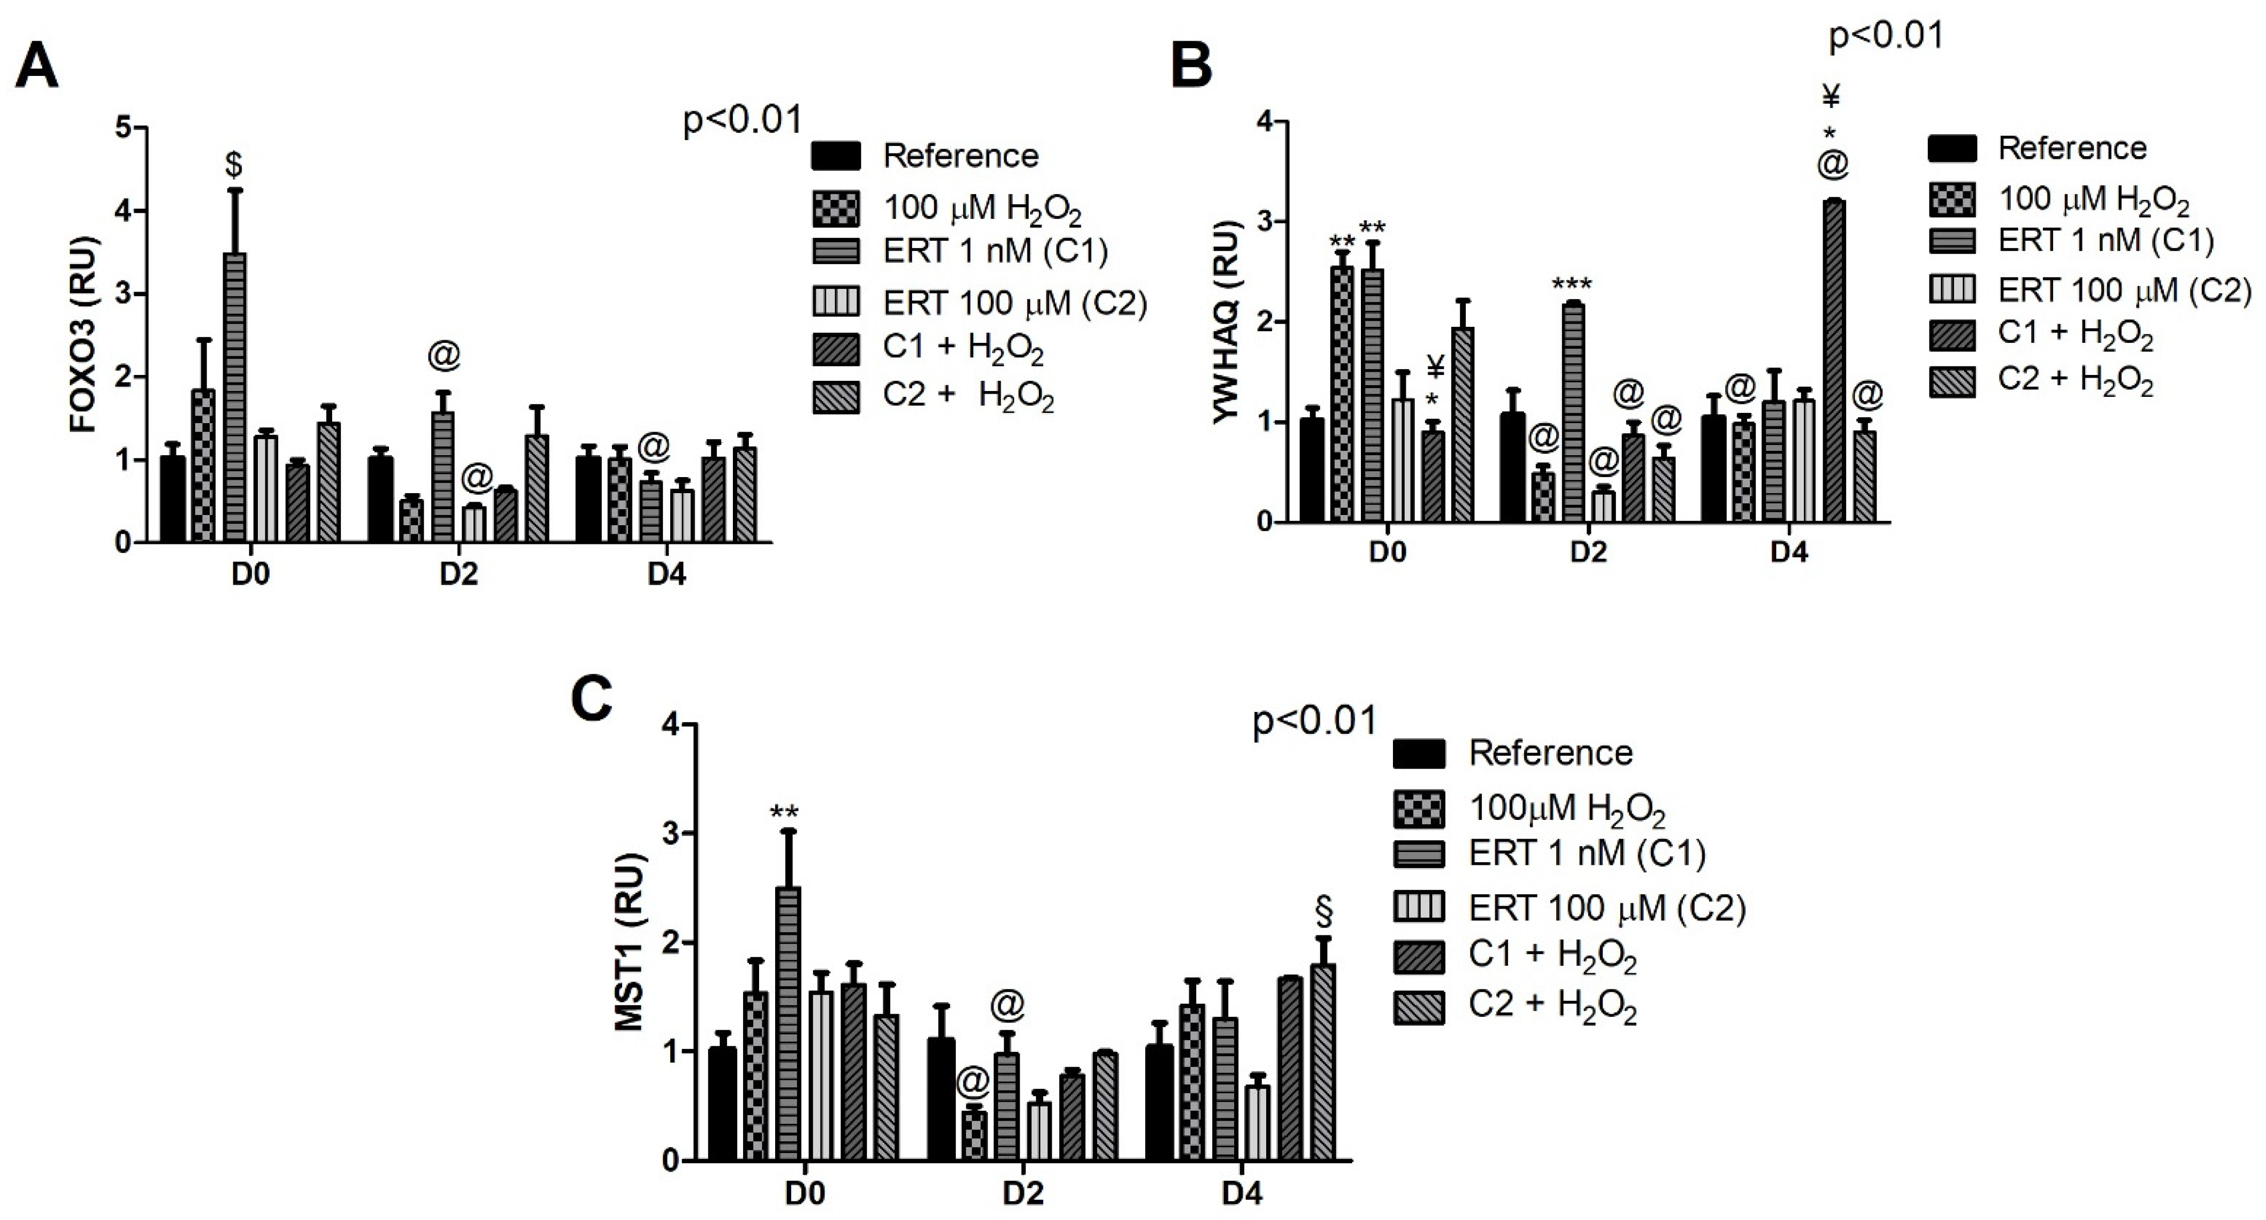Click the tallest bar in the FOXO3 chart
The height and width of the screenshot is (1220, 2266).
(x=235, y=396)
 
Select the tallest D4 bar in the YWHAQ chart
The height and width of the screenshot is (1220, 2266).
(x=1834, y=360)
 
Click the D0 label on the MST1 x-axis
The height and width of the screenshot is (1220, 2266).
(x=805, y=1194)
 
